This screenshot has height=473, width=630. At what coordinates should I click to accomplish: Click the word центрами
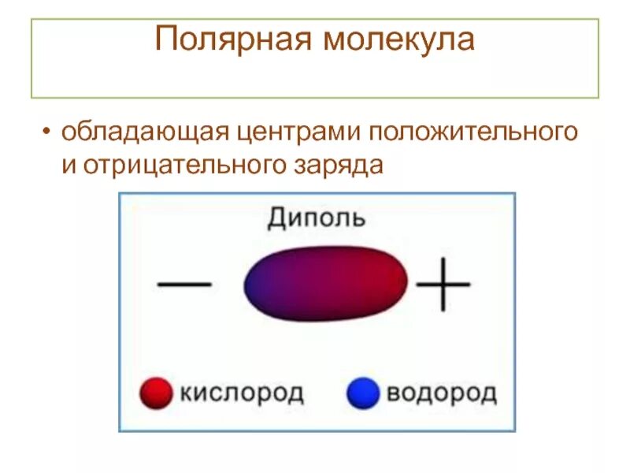click(293, 131)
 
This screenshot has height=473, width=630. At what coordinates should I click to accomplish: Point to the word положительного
click(470, 131)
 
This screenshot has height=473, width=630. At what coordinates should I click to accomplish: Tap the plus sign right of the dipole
click(443, 281)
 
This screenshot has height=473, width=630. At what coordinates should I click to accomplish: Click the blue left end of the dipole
click(260, 284)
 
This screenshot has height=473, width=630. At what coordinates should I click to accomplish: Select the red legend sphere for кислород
click(156, 393)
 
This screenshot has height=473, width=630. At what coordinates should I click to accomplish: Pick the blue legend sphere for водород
click(362, 393)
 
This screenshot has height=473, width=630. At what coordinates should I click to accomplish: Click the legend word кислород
click(242, 393)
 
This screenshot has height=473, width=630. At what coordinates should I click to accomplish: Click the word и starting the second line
click(69, 166)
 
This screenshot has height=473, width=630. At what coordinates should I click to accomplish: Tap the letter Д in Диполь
click(276, 217)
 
